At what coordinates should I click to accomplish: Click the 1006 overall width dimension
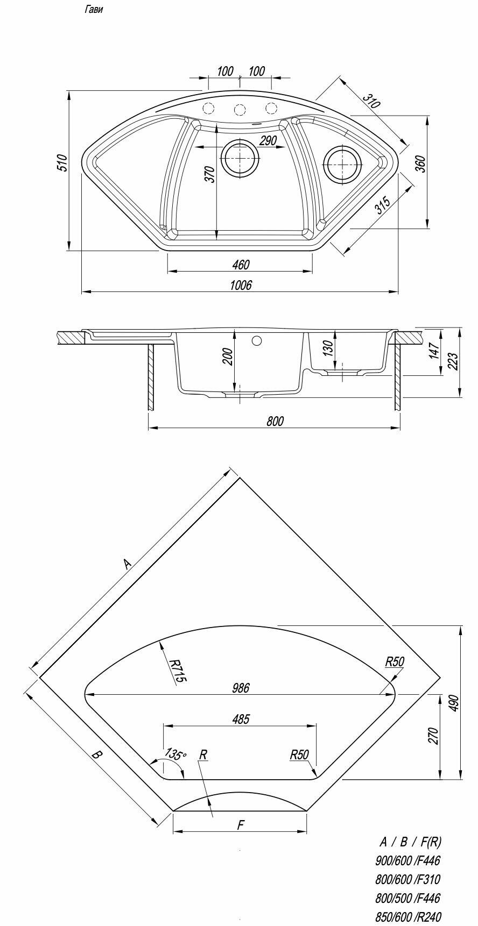click(240, 285)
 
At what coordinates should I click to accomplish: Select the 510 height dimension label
click(62, 163)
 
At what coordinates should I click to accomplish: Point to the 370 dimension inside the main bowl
click(210, 174)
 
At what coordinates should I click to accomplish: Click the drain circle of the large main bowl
click(240, 158)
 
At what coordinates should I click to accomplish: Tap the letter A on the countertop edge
click(126, 564)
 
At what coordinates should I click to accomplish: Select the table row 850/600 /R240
click(408, 917)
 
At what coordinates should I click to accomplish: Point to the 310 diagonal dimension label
click(370, 101)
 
